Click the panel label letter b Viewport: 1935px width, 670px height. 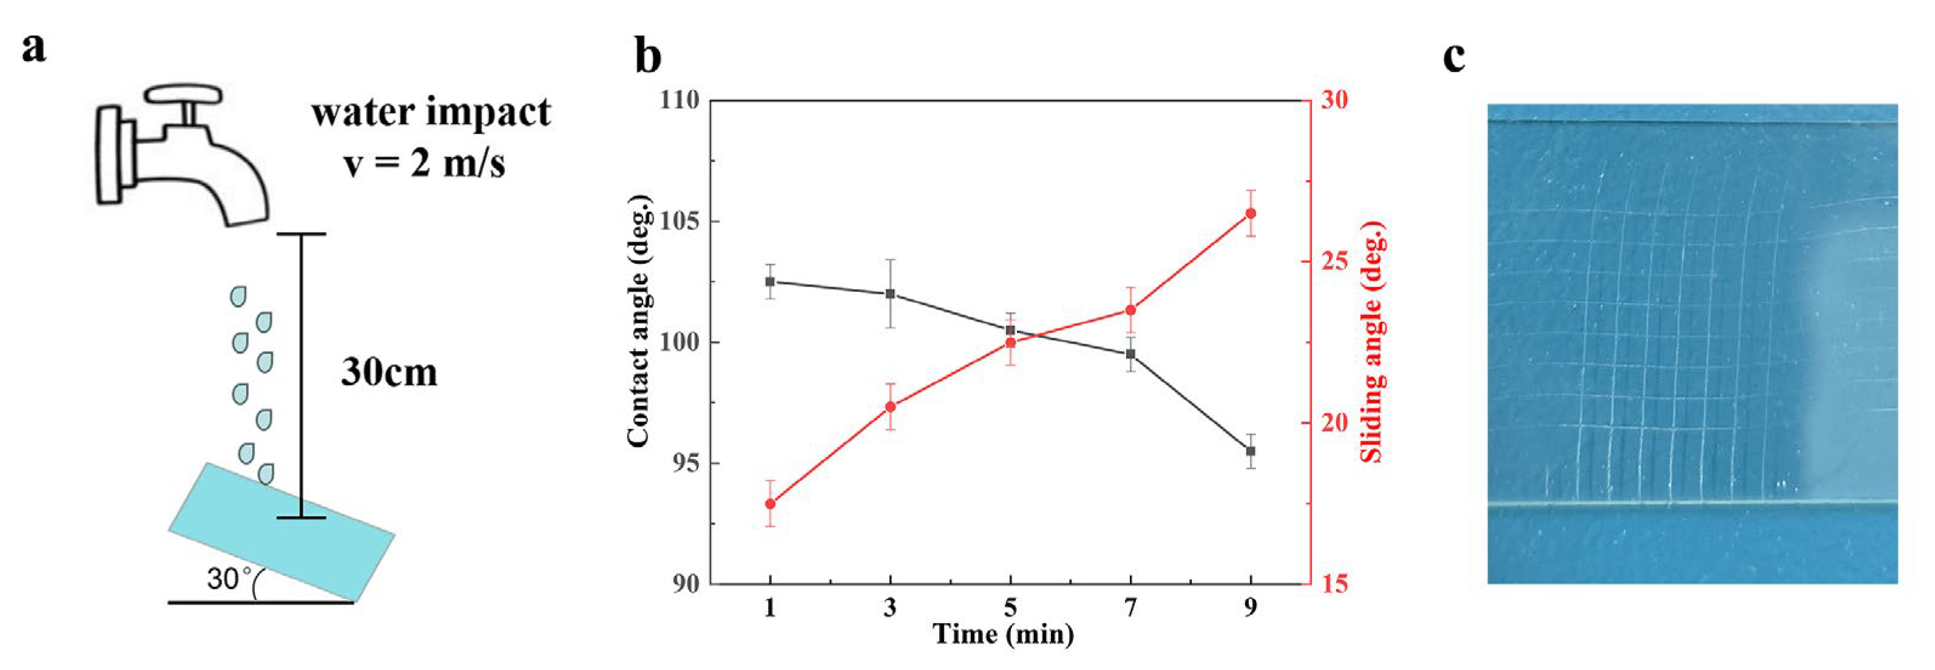[647, 56]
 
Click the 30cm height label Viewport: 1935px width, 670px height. [389, 372]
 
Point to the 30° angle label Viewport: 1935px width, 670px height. [230, 578]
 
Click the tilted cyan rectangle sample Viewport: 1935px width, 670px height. [282, 532]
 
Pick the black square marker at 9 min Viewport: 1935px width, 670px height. [1251, 451]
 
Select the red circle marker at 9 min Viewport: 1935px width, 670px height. [1251, 213]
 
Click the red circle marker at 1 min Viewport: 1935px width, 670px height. [770, 503]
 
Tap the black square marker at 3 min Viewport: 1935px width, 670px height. [890, 294]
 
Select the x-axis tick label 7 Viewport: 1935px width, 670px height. [1130, 607]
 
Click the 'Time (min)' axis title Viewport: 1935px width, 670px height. [1003, 635]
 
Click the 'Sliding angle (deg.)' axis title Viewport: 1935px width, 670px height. [1373, 342]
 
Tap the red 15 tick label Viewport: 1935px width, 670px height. [1333, 584]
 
